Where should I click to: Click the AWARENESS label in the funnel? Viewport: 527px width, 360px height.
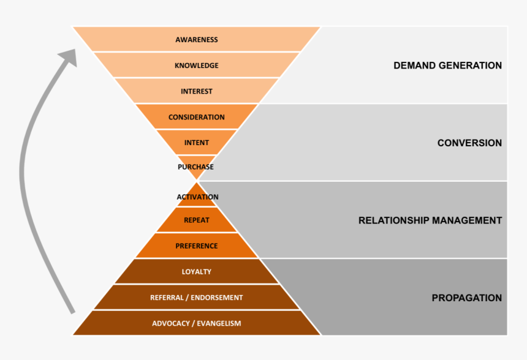(x=196, y=40)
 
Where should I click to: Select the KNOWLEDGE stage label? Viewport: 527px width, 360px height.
(x=196, y=66)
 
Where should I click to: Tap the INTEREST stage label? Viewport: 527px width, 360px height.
(x=196, y=91)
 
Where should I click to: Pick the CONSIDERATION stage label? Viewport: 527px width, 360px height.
(x=196, y=117)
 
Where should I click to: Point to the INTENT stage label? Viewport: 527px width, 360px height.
(x=196, y=143)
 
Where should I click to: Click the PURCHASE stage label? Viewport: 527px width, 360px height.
(x=195, y=167)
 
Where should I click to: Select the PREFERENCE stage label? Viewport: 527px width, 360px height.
(x=196, y=246)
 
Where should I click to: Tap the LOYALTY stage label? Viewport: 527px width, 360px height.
(x=196, y=272)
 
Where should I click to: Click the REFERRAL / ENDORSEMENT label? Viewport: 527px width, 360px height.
(x=196, y=298)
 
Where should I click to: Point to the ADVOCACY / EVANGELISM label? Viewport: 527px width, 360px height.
(x=196, y=323)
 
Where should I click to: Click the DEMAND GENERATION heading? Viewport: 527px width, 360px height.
(x=447, y=66)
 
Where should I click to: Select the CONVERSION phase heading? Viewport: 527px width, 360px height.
(x=469, y=143)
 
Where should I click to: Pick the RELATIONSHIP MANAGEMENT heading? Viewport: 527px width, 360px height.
(x=430, y=220)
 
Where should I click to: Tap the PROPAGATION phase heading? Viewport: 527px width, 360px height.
(x=466, y=298)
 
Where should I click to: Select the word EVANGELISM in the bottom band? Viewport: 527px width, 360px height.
(x=219, y=323)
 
